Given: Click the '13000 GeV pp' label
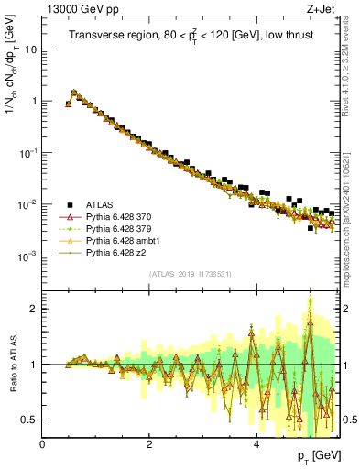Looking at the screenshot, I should point(75,10).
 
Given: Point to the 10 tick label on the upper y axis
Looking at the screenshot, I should point(30,49).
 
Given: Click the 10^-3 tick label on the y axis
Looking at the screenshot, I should point(28,256).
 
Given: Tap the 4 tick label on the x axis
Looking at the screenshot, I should point(256,444).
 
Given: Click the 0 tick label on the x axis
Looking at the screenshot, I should point(43,444).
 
